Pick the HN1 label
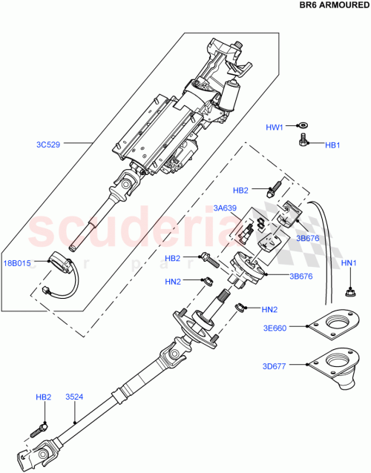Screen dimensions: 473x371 click(x=349, y=263)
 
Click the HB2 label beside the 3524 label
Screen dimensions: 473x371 click(x=43, y=397)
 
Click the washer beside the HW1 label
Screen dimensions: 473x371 click(x=304, y=127)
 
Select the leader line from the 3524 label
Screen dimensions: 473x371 click(x=76, y=411)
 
